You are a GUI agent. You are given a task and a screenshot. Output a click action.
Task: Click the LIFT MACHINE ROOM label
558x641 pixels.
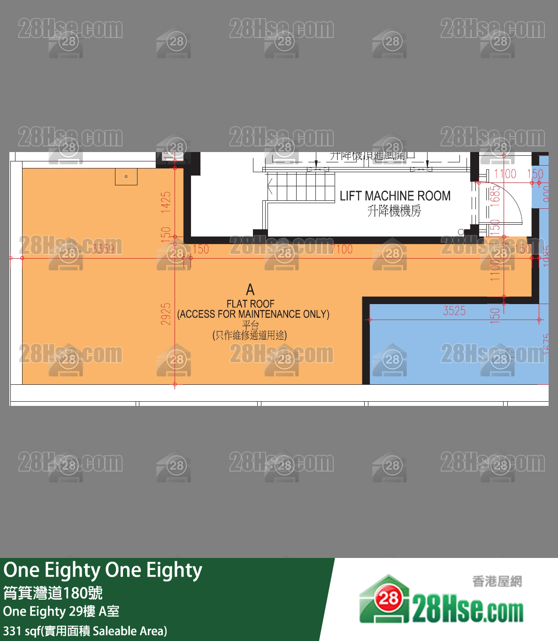(395, 196)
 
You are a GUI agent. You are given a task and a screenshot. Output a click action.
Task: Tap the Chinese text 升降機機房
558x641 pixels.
(394, 211)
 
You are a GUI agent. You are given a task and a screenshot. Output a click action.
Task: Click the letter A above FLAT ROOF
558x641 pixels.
(250, 290)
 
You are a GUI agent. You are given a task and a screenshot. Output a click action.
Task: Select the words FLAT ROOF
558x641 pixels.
(250, 304)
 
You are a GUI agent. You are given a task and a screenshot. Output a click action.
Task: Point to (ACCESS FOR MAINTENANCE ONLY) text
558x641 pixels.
(253, 314)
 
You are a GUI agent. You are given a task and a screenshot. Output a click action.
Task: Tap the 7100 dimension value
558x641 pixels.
(341, 249)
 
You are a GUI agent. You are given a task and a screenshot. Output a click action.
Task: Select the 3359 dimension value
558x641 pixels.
(103, 249)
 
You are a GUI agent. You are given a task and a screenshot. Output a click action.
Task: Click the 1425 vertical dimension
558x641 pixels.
(166, 202)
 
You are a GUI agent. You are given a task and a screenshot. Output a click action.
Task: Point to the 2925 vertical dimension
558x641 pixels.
(166, 314)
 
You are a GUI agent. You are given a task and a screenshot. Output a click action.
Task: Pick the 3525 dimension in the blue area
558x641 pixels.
(454, 311)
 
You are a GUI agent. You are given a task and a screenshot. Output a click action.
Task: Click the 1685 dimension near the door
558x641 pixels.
(495, 195)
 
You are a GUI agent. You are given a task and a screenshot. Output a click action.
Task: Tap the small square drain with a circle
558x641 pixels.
(126, 177)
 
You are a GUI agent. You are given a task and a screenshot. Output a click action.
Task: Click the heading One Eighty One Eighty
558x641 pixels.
(103, 570)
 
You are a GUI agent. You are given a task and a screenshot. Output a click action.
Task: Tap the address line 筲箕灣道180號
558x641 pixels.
(53, 593)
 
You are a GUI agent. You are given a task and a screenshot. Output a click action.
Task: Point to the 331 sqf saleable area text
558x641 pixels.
(85, 631)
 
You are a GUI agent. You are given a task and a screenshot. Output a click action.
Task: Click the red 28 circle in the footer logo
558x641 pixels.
(388, 598)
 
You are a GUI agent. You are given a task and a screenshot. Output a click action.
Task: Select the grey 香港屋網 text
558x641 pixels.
(497, 581)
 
